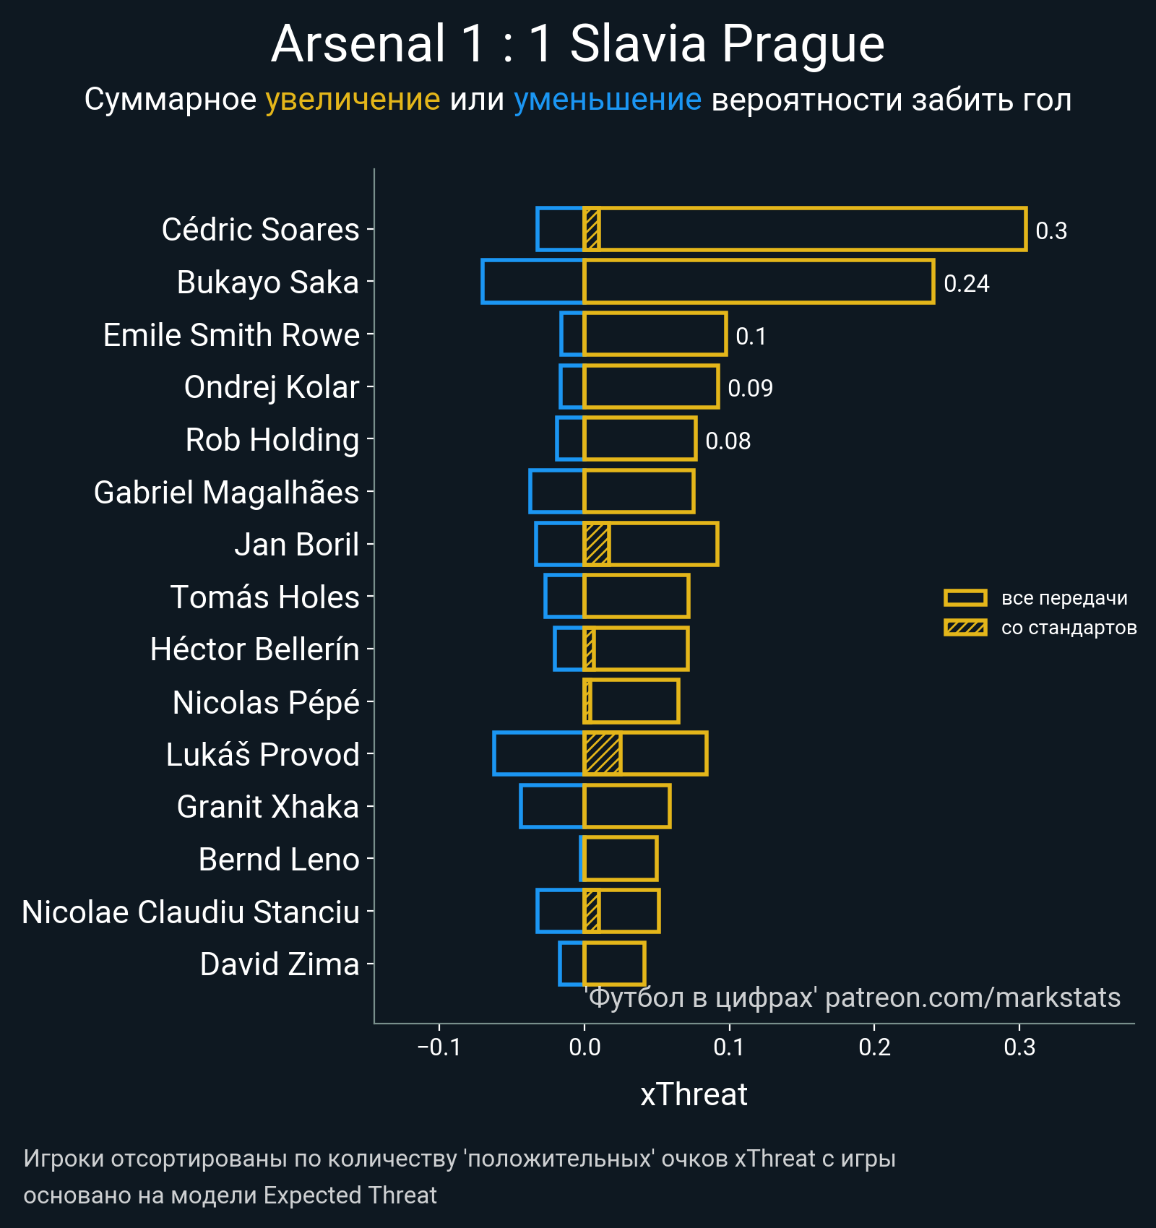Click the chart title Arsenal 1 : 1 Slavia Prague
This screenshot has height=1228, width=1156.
577,45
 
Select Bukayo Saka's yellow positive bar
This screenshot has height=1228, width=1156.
759,282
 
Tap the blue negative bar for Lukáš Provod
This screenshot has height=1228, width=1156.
538,754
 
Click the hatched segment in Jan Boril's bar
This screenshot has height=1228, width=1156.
597,544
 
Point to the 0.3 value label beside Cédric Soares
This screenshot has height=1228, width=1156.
1051,231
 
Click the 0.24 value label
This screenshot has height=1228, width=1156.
966,284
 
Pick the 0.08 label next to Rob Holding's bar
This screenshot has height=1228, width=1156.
728,441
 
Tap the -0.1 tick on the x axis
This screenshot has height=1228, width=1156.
439,1047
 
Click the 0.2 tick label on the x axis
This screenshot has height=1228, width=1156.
874,1047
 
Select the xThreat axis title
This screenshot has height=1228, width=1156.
694,1094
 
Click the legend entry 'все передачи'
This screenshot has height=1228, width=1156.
1064,598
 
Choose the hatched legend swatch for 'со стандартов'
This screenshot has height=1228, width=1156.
965,628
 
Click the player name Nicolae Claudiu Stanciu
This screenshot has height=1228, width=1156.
191,912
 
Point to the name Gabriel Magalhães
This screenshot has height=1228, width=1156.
226,493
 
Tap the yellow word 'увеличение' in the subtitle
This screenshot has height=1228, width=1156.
353,100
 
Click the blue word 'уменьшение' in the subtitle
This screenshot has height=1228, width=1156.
607,100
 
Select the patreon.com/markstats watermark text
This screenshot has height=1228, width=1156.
972,998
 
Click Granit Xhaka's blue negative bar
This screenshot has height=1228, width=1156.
551,806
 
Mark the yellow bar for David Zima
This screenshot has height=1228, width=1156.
614,964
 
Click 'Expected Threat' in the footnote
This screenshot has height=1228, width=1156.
350,1195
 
